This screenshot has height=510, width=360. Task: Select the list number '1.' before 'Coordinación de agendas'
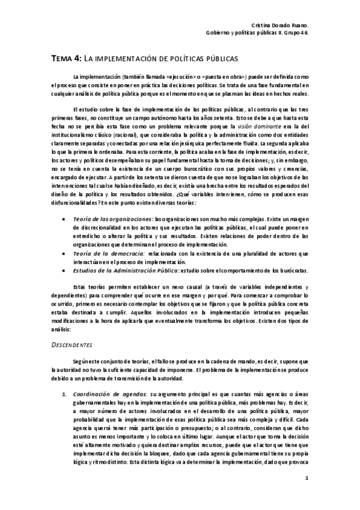click(x=64, y=393)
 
